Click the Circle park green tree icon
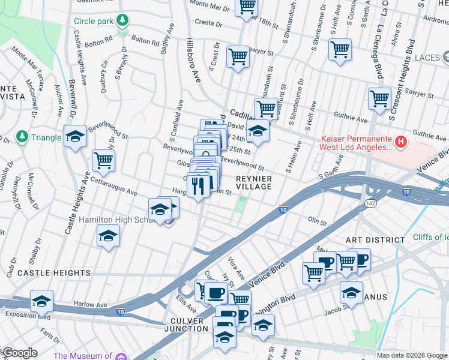pos(122,21)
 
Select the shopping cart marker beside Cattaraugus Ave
pos(103,160)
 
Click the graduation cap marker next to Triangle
pos(76,136)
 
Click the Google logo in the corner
pos(19,353)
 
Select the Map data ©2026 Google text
pos(412,355)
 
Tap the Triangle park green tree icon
pos(22,137)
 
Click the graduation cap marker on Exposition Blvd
pos(41,301)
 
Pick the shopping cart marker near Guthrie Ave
pos(379,99)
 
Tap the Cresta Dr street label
pos(209,23)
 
